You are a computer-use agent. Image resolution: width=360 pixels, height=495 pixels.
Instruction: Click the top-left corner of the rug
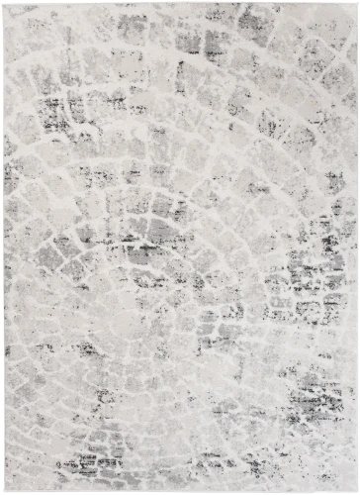pos(3,3)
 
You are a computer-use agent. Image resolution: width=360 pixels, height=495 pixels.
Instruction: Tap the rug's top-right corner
pos(357,3)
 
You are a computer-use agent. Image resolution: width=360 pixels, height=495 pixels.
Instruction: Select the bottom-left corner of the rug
pos(3,491)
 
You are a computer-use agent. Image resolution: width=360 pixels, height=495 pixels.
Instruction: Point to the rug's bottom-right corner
pos(357,491)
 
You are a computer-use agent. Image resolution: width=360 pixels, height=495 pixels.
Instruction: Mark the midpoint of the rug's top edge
pos(180,3)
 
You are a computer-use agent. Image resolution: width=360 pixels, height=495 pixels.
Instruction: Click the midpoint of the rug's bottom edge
pos(180,491)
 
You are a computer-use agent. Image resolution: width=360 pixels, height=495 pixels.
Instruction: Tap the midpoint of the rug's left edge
pos(3,247)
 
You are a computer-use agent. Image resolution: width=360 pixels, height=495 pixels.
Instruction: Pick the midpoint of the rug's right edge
pos(357,247)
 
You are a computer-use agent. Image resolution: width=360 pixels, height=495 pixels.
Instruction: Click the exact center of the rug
pos(180,247)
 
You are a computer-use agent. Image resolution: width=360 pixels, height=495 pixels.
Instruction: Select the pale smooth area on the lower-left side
pos(40,396)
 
